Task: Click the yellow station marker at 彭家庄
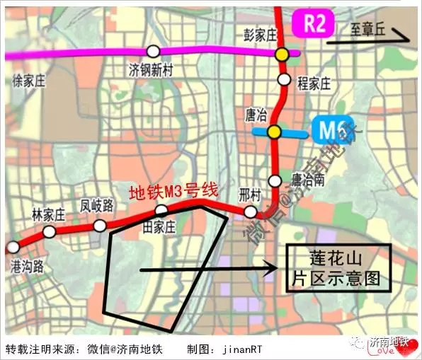click(283, 54)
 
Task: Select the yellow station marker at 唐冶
click(274, 131)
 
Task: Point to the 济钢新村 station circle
click(153, 51)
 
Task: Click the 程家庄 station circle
click(284, 79)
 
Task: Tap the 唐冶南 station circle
click(275, 180)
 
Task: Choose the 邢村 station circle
click(250, 212)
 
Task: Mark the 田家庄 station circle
click(161, 210)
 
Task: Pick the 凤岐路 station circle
click(100, 226)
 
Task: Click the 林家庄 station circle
click(50, 232)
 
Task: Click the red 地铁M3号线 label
click(172, 193)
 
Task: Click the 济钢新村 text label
click(149, 70)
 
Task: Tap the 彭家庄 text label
click(252, 33)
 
